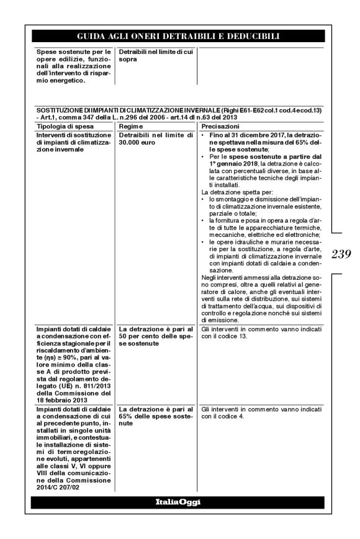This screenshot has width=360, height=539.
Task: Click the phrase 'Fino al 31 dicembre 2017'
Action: [240, 135]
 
